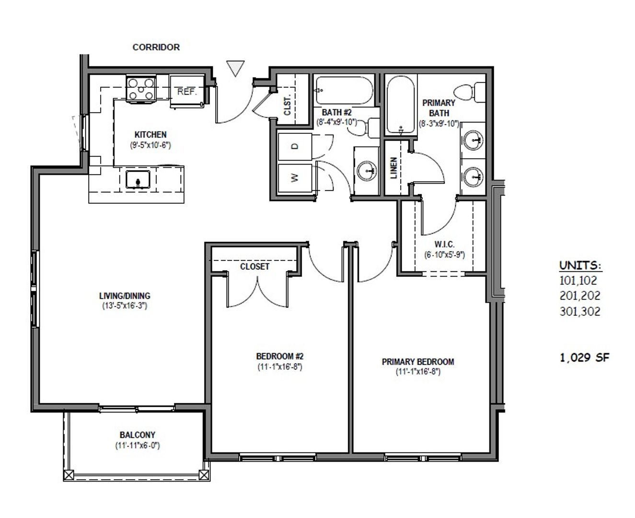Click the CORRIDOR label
click(156, 47)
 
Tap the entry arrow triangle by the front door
click(235, 68)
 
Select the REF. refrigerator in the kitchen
click(187, 91)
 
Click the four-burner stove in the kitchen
click(141, 89)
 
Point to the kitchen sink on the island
click(138, 179)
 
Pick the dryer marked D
click(295, 146)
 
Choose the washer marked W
click(295, 178)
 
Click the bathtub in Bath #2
click(344, 90)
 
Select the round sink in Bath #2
click(367, 171)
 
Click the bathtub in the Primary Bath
click(400, 105)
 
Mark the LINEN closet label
click(394, 168)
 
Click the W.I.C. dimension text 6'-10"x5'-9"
click(445, 255)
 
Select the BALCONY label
click(138, 435)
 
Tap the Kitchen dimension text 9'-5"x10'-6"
click(150, 145)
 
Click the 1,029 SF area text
click(584, 357)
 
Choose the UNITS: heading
click(580, 265)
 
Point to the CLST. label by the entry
click(288, 106)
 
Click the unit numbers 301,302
click(580, 312)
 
